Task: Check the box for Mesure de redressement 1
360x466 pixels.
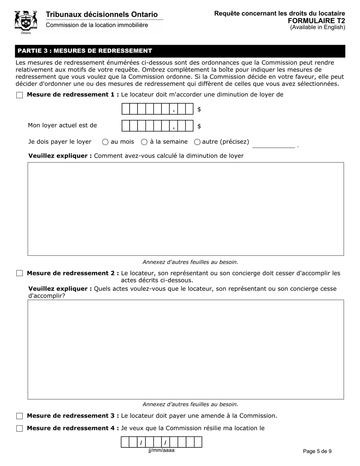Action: (20, 95)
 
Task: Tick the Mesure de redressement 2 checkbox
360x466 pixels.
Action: (20, 273)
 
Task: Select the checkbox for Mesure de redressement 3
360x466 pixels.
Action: (20, 416)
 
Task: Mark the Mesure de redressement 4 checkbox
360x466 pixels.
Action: (20, 428)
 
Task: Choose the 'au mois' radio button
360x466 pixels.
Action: (105, 142)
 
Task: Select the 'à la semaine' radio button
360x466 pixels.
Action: (144, 142)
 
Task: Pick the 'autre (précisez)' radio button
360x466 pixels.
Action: (197, 142)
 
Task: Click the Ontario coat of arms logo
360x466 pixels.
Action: (26, 22)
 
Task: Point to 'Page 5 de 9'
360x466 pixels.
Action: (317, 451)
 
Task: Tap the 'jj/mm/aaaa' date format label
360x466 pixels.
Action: (161, 450)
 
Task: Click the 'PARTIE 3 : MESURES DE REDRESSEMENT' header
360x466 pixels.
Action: (85, 51)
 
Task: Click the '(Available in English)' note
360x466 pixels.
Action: (318, 27)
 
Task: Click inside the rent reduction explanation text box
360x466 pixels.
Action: (186, 209)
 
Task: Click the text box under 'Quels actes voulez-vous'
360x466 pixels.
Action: (186, 349)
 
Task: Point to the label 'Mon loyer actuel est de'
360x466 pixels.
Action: (63, 125)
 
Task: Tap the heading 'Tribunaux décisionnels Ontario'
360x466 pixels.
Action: (102, 14)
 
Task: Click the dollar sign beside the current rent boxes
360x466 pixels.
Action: (199, 126)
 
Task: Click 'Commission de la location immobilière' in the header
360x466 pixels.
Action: (97, 25)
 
